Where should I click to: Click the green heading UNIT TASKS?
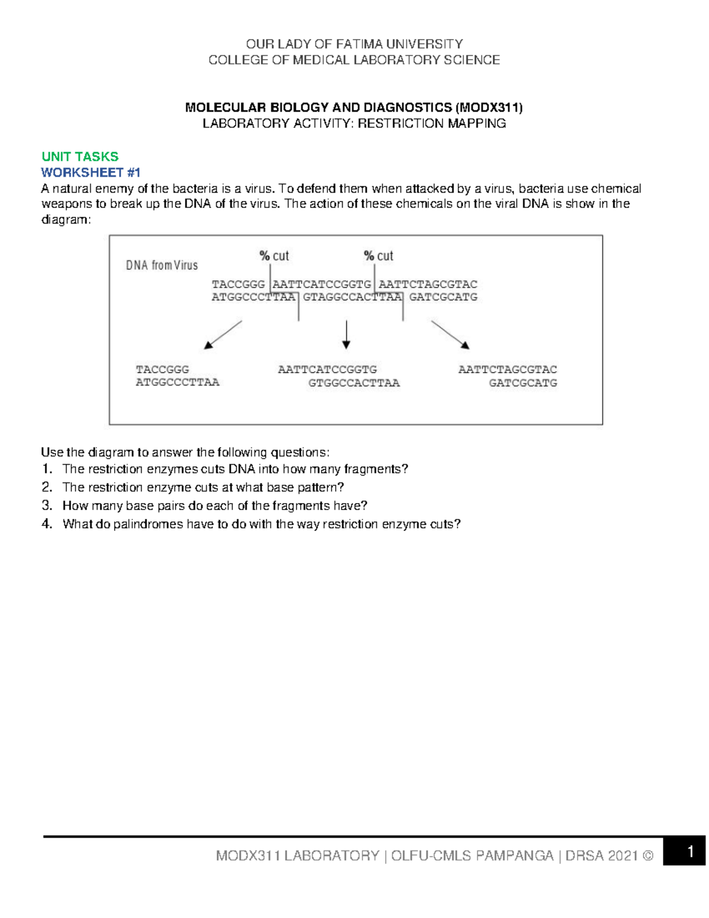click(80, 157)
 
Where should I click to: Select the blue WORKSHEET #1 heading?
click(90, 173)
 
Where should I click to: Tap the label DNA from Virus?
click(161, 265)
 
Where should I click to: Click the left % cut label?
click(274, 256)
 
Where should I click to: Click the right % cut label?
click(379, 256)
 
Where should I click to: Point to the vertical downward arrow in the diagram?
click(346, 335)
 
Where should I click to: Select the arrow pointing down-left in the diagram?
click(223, 335)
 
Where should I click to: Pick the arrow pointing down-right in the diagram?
click(450, 335)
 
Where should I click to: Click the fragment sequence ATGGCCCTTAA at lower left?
click(177, 382)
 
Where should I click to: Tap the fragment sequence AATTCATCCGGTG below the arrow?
click(327, 369)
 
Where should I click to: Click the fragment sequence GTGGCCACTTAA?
click(354, 383)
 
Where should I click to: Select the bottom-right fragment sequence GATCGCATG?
click(523, 383)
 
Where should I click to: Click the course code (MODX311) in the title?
click(489, 108)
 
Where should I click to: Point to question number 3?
click(47, 505)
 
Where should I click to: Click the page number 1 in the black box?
click(689, 852)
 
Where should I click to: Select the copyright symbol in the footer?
click(648, 856)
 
